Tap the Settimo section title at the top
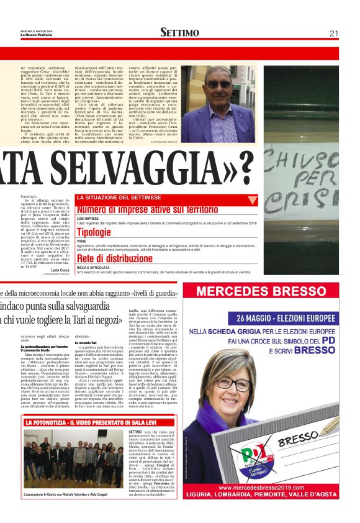click(x=181, y=33)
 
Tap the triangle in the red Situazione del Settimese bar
click(x=252, y=201)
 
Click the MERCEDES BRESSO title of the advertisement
click(x=270, y=293)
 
